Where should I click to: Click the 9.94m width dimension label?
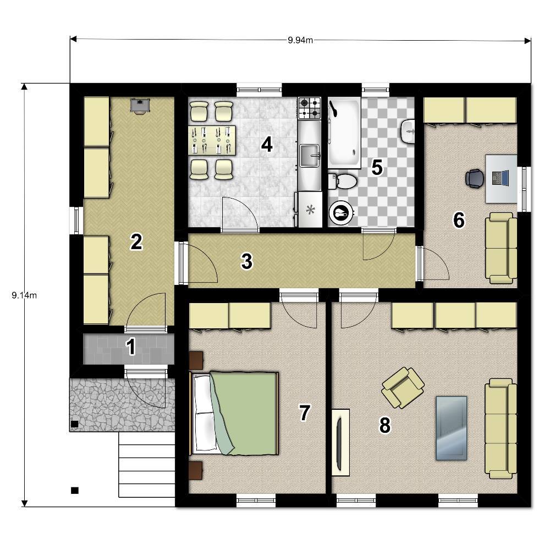[x=300, y=40]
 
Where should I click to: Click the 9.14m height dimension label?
[x=24, y=295]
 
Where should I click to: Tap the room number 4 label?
[x=267, y=145]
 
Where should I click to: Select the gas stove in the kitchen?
[x=309, y=108]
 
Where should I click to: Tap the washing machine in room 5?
[x=341, y=212]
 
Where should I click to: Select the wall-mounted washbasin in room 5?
[x=407, y=131]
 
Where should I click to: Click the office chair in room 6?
[x=475, y=179]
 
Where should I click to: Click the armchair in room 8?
[x=403, y=388]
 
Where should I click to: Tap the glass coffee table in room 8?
[x=451, y=428]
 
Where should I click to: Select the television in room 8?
[x=340, y=443]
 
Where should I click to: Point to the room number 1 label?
[x=131, y=346]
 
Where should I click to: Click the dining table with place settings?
[x=212, y=140]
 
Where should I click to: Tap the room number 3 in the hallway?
[x=246, y=262]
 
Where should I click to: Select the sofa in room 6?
[x=501, y=248]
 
